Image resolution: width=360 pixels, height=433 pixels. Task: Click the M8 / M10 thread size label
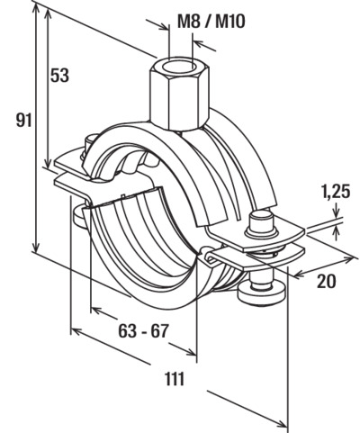211,22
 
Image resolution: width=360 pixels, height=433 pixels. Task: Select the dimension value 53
59,76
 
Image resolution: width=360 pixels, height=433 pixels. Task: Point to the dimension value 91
23,121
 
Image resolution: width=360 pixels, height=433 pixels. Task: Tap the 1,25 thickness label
336,192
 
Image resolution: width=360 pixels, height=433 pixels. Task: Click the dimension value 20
327,282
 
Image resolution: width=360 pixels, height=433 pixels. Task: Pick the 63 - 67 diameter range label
143,331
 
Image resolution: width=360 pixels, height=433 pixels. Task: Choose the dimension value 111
174,379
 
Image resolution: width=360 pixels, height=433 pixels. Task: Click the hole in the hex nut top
180,65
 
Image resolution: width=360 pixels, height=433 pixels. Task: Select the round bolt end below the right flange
262,290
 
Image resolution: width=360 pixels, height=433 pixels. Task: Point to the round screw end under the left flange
79,216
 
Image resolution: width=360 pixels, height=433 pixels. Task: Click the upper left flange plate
72,162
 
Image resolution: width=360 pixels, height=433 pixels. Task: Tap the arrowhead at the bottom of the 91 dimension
36,247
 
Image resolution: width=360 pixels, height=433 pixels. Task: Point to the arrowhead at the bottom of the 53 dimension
48,163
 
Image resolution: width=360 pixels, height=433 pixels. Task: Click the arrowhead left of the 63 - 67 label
96,309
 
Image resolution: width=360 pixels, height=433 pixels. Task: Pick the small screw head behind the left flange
89,141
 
